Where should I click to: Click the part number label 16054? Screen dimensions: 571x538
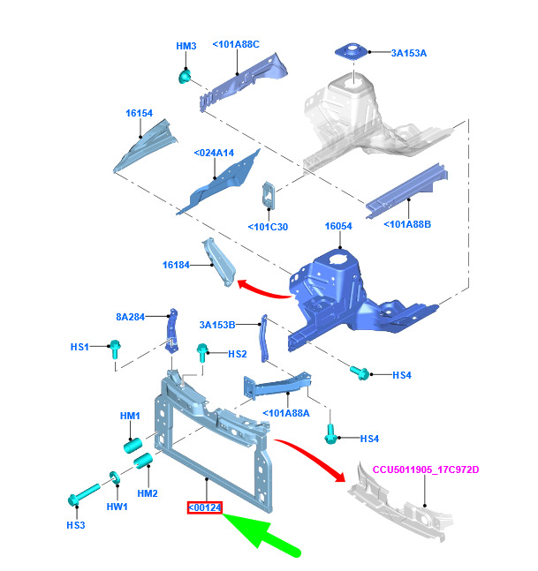[338, 227]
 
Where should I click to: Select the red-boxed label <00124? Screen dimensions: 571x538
[203, 507]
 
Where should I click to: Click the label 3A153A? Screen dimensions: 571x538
[409, 53]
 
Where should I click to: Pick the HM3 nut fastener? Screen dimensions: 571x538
[185, 77]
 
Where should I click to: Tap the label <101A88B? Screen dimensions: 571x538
[407, 224]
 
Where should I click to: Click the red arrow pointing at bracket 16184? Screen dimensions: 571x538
[265, 291]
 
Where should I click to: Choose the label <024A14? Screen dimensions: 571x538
[214, 153]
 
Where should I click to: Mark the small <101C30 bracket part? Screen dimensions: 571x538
[266, 195]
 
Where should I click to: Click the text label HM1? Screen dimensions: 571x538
[130, 416]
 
